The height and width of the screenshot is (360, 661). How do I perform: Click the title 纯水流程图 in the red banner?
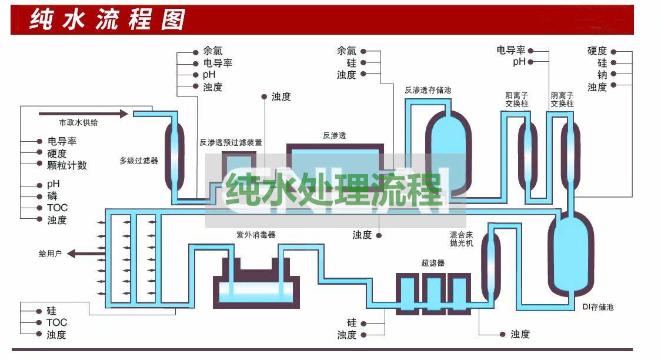click(107, 19)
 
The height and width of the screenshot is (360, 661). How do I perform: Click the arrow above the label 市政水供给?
click(83, 114)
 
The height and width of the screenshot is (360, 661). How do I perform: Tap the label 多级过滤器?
click(139, 161)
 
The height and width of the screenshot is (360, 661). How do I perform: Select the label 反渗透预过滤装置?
click(231, 142)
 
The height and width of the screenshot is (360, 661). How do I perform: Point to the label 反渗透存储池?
click(428, 90)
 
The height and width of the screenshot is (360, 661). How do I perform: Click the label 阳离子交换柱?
click(516, 99)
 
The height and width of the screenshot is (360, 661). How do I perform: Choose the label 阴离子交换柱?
click(562, 99)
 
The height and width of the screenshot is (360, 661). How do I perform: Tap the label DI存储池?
click(597, 307)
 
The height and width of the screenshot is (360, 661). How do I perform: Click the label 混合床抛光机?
click(461, 239)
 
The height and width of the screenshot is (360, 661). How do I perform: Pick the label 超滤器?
click(433, 263)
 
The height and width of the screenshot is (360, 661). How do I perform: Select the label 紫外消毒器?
click(256, 235)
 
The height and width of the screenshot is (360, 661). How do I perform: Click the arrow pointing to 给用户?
click(86, 254)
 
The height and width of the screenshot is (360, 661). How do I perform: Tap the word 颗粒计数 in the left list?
click(67, 165)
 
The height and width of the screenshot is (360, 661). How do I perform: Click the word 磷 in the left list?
click(52, 196)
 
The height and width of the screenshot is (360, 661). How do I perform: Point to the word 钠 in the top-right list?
click(602, 75)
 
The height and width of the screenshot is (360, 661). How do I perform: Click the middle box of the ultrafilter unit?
click(434, 294)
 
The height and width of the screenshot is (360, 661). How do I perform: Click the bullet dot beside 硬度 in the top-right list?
click(613, 52)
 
